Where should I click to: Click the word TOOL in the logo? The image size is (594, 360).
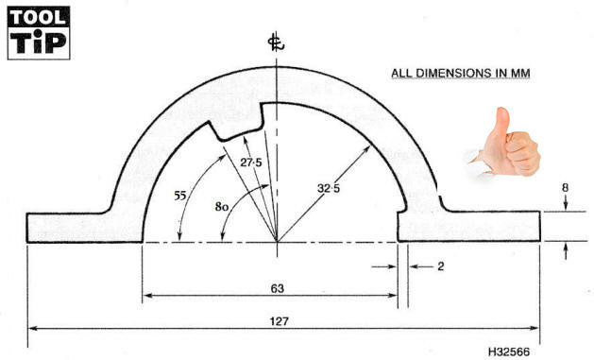[39, 17]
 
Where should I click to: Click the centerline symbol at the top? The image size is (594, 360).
[276, 43]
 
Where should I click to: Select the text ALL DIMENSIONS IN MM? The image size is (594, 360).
[460, 73]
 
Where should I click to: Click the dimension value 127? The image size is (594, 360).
[280, 321]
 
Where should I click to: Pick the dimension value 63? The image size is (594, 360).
[278, 288]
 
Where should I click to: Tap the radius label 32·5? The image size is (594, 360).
[329, 188]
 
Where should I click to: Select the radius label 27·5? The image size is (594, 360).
[251, 163]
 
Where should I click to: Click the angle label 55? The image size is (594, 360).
[180, 196]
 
